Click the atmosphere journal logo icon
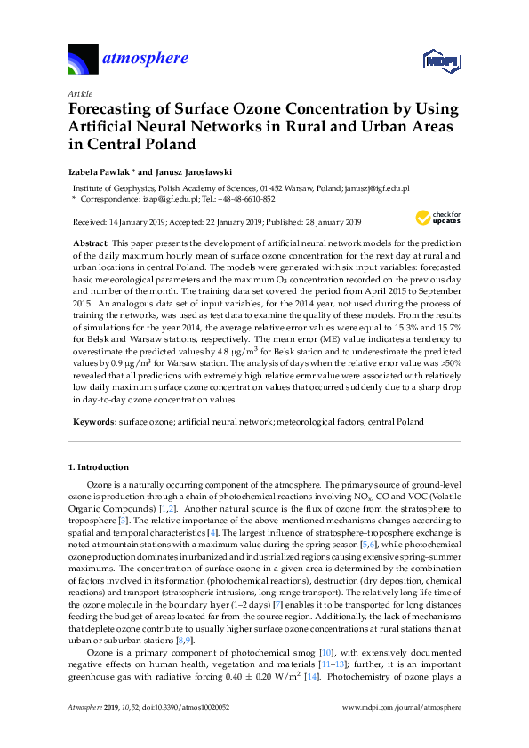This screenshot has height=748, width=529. pyautogui.click(x=84, y=60)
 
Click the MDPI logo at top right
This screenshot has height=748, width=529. pyautogui.click(x=439, y=60)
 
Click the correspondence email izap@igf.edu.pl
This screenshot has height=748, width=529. pyautogui.click(x=164, y=199)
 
